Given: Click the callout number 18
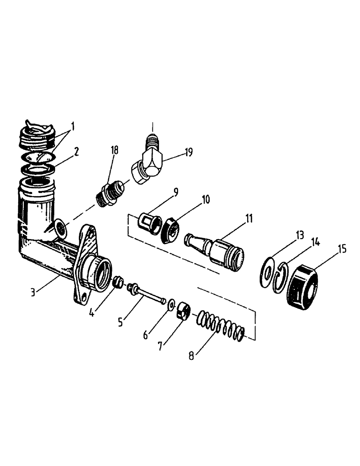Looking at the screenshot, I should [115, 150].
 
